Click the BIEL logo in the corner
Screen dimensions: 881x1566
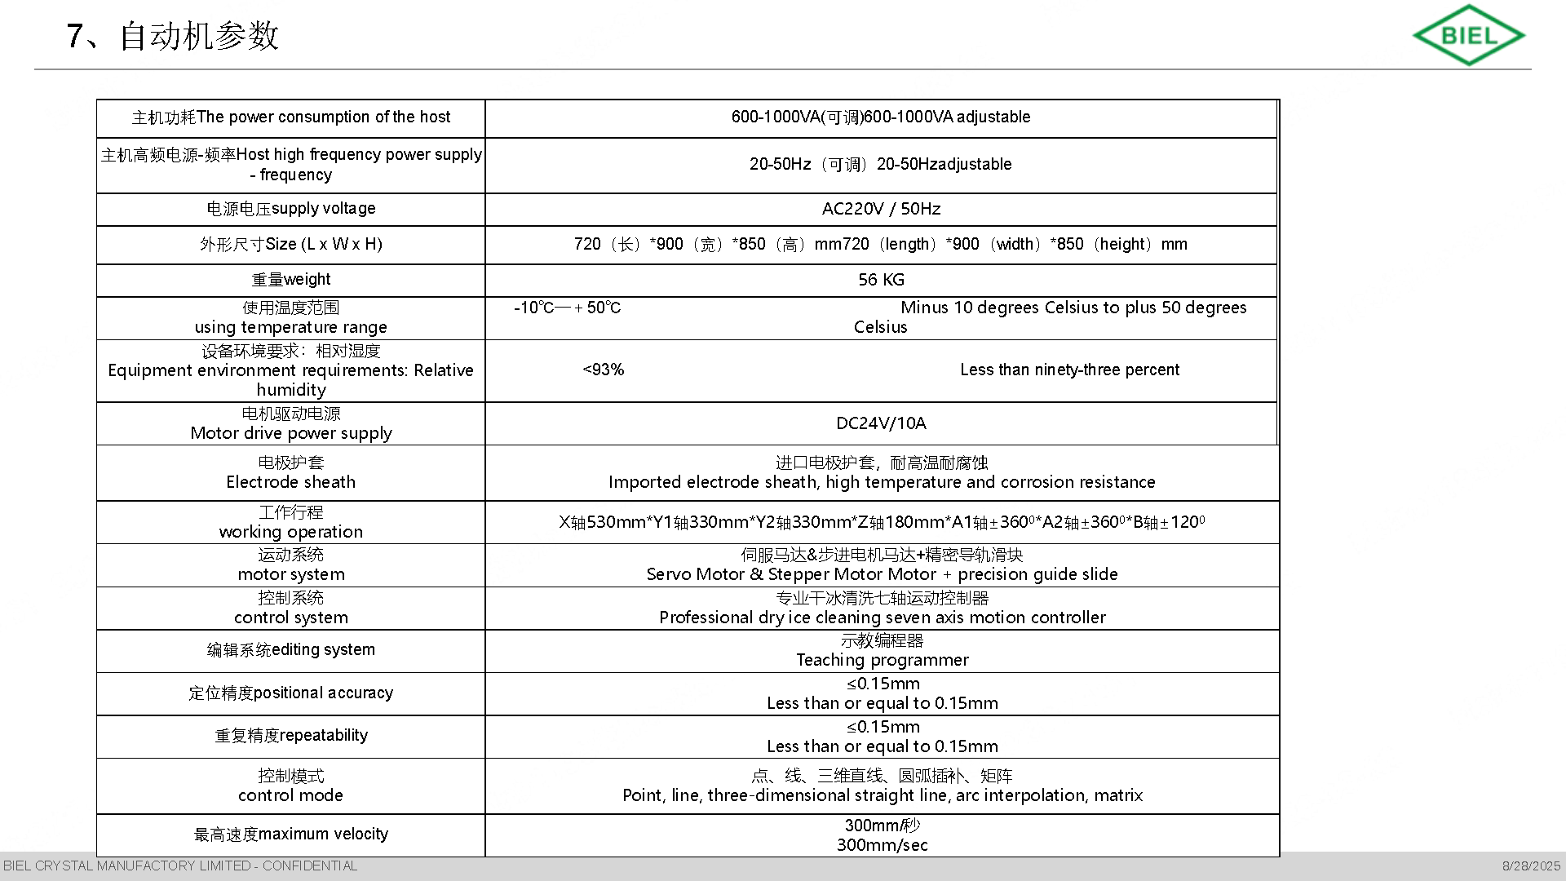click(1468, 35)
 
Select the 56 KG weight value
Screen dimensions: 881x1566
click(881, 280)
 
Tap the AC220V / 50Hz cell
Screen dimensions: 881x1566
click(881, 209)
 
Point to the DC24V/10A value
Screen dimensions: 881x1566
click(881, 423)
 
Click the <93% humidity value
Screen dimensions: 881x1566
click(604, 370)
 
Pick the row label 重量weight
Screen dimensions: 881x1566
click(291, 280)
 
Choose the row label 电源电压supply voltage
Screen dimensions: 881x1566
click(291, 209)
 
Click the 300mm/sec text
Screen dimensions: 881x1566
click(882, 845)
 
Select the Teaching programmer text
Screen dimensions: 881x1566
click(882, 660)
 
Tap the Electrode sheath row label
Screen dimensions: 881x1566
click(291, 482)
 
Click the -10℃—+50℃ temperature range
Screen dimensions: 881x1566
click(567, 308)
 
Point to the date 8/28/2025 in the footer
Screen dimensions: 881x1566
click(1531, 866)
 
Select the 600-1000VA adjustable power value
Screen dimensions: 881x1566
click(881, 117)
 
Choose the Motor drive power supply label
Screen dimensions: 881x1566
click(291, 433)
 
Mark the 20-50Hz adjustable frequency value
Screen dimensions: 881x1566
click(881, 164)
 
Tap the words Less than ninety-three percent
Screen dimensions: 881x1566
click(1069, 370)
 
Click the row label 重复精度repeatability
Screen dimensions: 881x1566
click(291, 736)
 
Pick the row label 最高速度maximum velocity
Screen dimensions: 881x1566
click(291, 835)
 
